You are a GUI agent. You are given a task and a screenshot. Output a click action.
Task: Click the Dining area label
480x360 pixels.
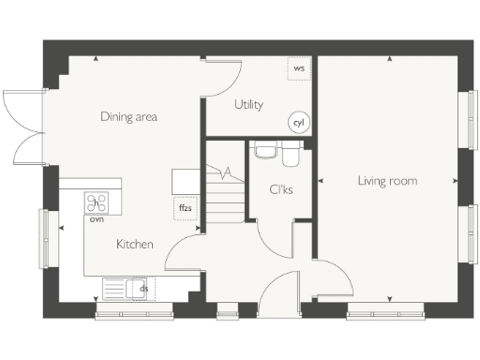(x=129, y=117)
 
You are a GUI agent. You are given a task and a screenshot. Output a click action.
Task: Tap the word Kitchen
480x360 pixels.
(x=134, y=244)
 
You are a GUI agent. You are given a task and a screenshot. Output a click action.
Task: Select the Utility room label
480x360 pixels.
(x=248, y=105)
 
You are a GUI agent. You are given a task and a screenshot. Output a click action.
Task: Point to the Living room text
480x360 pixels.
(x=387, y=180)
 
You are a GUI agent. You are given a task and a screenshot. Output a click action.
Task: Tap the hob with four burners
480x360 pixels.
(x=97, y=202)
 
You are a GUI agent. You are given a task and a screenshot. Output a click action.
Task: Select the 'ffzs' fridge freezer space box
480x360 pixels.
(x=185, y=208)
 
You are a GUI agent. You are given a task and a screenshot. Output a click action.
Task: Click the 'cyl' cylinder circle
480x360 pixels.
(x=299, y=123)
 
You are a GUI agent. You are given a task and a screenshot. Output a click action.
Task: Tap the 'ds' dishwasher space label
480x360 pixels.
(x=143, y=289)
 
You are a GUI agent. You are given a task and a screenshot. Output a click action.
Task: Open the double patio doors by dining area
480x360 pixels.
(x=23, y=127)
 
